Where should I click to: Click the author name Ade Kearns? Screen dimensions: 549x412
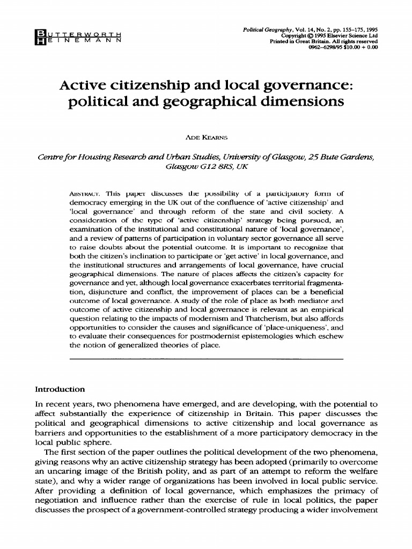[205, 137]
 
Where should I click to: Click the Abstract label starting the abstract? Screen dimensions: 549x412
[85, 194]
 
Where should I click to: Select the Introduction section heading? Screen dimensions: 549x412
[60, 389]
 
